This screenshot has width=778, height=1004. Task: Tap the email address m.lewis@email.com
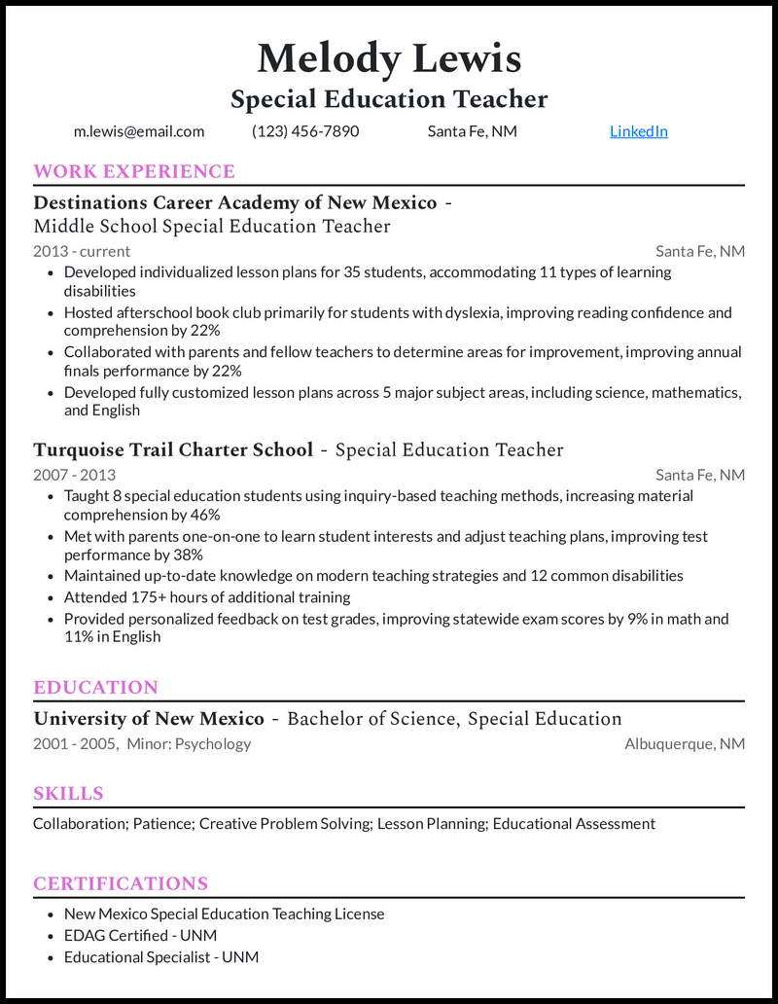tap(139, 131)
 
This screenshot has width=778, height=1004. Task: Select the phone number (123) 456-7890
tap(305, 131)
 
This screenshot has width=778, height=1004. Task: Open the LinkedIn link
tap(638, 131)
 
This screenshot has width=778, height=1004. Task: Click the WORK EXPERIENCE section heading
tap(134, 172)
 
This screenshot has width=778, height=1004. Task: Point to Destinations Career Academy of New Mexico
tap(234, 202)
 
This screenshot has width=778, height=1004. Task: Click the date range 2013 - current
tap(82, 251)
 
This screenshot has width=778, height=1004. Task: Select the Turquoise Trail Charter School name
tap(173, 449)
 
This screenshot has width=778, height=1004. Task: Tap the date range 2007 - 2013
tap(74, 475)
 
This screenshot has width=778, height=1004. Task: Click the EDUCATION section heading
tap(95, 687)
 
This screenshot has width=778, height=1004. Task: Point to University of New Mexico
tap(149, 719)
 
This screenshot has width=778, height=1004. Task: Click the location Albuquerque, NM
tap(685, 744)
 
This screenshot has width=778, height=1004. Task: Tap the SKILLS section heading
tap(68, 793)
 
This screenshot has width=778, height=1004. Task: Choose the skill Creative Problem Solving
tap(286, 824)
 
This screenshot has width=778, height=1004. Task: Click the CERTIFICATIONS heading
tap(121, 883)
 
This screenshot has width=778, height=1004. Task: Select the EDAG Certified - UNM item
tap(140, 935)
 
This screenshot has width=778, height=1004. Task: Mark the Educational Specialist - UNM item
tap(161, 957)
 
